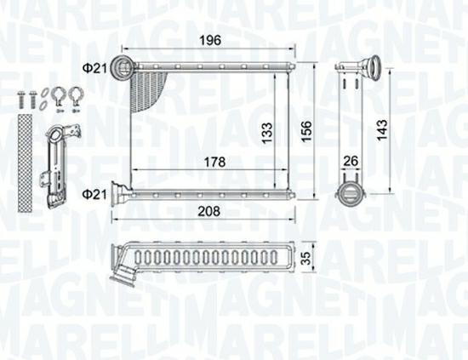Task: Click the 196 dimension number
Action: coord(210,40)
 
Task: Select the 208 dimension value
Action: coord(209,211)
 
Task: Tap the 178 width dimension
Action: coord(214,162)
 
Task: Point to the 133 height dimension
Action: coord(267,133)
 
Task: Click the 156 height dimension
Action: coord(306,132)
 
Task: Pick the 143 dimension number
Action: coord(382,130)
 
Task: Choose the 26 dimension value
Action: coord(351,161)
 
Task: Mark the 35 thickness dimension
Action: coord(306,257)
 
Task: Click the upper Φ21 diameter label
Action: coord(94,69)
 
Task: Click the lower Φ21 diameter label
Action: coord(94,195)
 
